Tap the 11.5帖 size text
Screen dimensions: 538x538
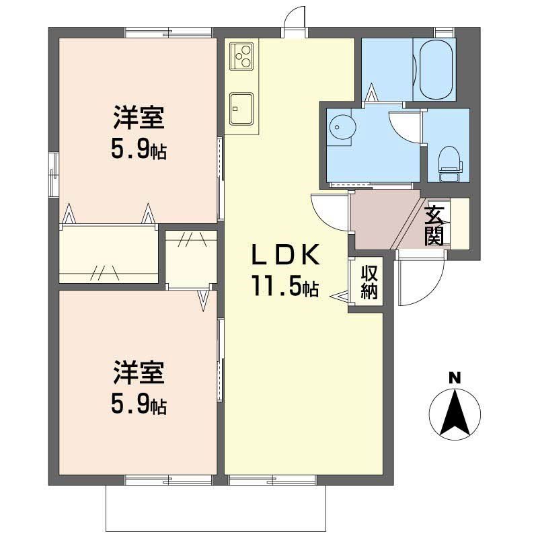285,288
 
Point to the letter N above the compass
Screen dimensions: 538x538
455,378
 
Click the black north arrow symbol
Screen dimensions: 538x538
455,412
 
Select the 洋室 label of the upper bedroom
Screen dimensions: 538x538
139,120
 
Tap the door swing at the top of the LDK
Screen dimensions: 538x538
294,20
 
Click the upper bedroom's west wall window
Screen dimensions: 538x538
53,174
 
